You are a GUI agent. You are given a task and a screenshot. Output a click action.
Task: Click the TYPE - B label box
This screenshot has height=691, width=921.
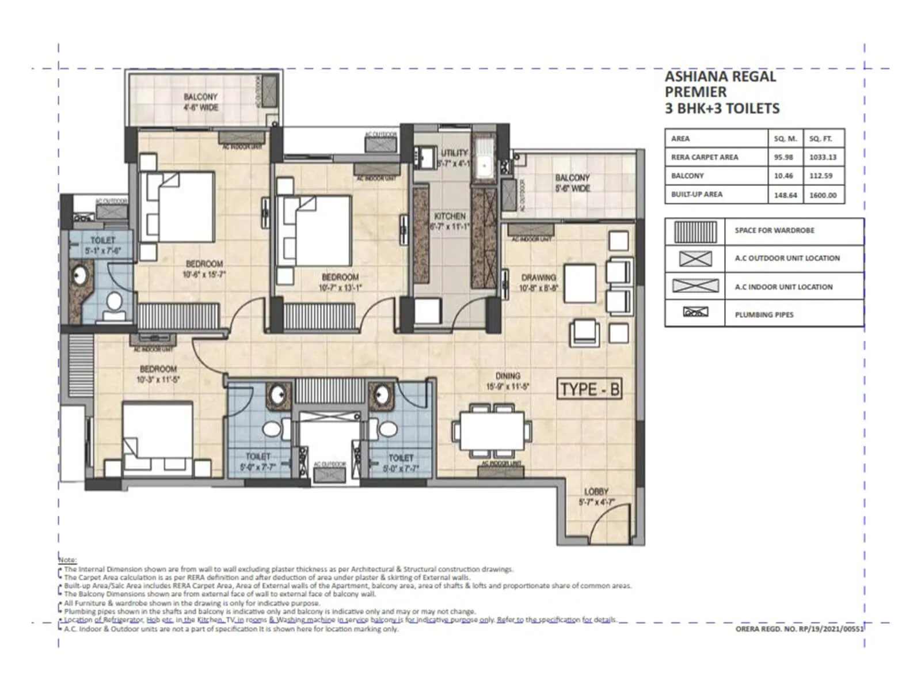(590, 389)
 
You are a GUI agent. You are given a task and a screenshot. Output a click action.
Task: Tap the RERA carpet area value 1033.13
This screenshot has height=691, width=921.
(823, 157)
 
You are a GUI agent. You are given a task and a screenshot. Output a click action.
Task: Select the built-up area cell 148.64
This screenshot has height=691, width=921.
(785, 195)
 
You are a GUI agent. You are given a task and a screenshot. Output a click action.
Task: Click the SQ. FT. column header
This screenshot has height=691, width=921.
(820, 139)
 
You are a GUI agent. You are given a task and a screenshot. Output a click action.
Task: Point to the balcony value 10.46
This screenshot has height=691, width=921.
(783, 176)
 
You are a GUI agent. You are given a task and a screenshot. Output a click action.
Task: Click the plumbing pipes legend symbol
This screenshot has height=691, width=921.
(695, 313)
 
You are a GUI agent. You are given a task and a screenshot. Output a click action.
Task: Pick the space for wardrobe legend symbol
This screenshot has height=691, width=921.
(695, 231)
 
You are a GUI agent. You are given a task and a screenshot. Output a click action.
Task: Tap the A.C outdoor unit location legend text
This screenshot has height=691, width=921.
(787, 258)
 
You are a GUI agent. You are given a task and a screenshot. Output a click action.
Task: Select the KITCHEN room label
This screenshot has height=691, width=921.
(450, 216)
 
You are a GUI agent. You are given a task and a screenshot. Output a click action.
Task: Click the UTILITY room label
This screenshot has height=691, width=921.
(454, 153)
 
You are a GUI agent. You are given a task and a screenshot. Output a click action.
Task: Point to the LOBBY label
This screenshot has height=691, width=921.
(596, 492)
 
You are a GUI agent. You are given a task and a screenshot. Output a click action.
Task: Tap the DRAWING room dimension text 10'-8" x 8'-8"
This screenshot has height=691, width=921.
(539, 288)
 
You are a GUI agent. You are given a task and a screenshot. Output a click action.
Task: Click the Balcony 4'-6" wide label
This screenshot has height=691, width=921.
(200, 102)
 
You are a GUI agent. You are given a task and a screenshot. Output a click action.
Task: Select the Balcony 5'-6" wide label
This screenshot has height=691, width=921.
(572, 183)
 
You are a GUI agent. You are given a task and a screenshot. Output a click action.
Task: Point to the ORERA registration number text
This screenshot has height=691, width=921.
(800, 629)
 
